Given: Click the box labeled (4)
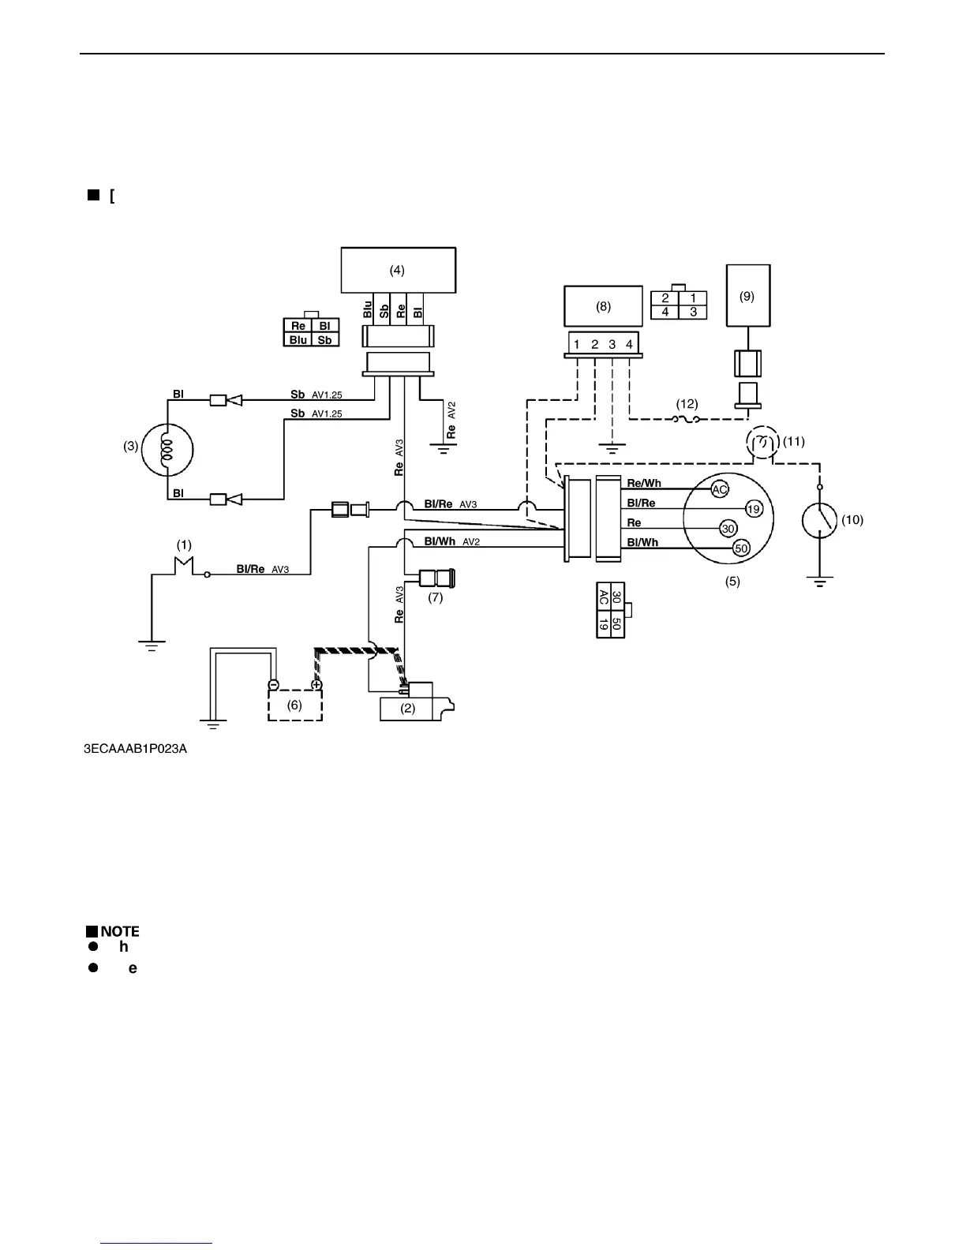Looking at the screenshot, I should (x=398, y=270).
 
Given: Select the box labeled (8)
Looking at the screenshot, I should (x=603, y=307).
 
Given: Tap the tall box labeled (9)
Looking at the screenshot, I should (x=747, y=296).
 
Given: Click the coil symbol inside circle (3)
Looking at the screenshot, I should (x=167, y=450).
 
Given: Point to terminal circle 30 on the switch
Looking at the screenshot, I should (x=728, y=529).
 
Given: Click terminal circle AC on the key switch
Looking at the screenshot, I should (x=720, y=489).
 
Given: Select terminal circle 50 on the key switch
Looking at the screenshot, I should (x=741, y=548).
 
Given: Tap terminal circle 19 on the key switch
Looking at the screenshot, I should (x=754, y=509).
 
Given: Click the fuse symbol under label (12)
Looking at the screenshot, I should (x=687, y=421).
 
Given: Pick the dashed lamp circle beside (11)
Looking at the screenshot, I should (x=762, y=443).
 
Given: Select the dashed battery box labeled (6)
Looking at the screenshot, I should (x=294, y=705).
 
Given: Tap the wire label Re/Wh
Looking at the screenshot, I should (x=644, y=483).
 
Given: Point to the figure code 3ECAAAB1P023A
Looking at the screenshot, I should (x=136, y=749).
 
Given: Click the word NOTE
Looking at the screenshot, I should (x=119, y=931).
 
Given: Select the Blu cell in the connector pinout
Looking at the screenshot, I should (x=298, y=340).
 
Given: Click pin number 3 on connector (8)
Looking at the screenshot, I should (x=612, y=345).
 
